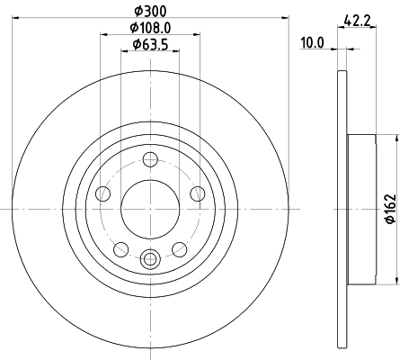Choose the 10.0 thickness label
pyautogui.click(x=312, y=40)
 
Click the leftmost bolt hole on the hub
pyautogui.click(x=102, y=193)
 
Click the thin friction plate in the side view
pyautogui.click(x=340, y=209)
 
